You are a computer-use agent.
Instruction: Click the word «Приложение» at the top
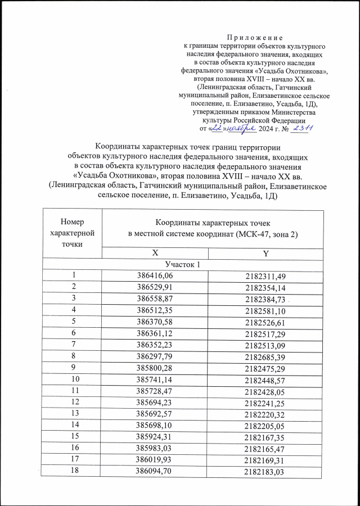255,35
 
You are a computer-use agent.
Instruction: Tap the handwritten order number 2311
303,128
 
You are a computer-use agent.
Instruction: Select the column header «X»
155,254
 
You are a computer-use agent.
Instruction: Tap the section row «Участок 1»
183,264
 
